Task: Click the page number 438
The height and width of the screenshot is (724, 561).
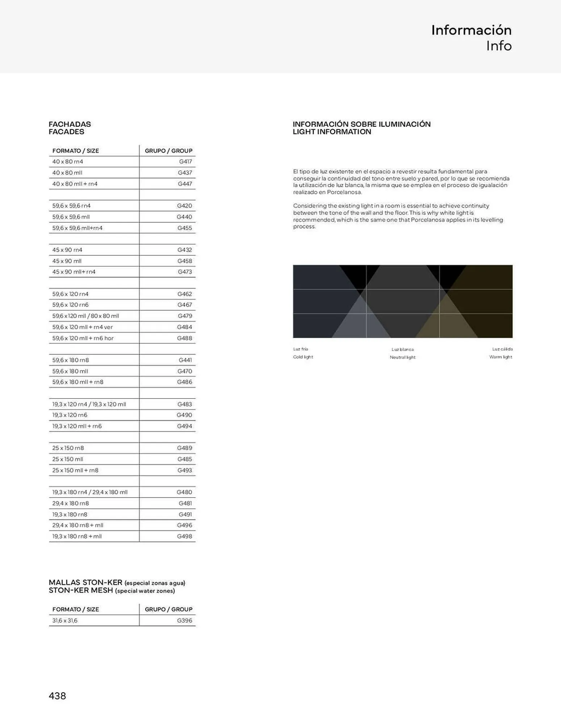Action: (x=57, y=696)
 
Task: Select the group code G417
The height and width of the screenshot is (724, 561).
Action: (x=185, y=161)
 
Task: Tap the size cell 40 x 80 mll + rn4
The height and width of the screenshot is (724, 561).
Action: (x=75, y=184)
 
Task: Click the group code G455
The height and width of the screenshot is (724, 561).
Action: (x=184, y=228)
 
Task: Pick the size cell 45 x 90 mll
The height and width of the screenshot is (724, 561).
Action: (x=67, y=261)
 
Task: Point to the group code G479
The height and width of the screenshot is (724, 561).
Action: (x=185, y=316)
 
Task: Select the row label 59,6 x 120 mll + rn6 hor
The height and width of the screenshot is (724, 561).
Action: (x=83, y=338)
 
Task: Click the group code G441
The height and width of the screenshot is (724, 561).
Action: (x=185, y=360)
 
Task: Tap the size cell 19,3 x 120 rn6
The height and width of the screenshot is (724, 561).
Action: (x=70, y=415)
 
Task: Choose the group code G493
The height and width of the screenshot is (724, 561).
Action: (x=184, y=470)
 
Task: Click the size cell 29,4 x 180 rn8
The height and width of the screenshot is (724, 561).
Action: (x=71, y=503)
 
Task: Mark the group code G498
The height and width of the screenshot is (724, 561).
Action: (x=184, y=536)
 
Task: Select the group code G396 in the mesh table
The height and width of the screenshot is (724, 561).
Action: (x=184, y=620)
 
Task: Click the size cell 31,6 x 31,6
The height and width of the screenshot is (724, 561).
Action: (x=65, y=620)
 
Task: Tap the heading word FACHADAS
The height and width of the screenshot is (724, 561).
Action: (x=70, y=124)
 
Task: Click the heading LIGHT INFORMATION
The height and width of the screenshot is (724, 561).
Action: (x=332, y=132)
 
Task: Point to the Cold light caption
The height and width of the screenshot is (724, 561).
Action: (x=303, y=357)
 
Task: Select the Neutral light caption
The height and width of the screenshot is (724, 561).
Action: (x=402, y=357)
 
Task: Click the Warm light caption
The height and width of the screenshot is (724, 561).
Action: (x=501, y=357)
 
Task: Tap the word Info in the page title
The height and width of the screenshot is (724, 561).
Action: (x=499, y=46)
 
